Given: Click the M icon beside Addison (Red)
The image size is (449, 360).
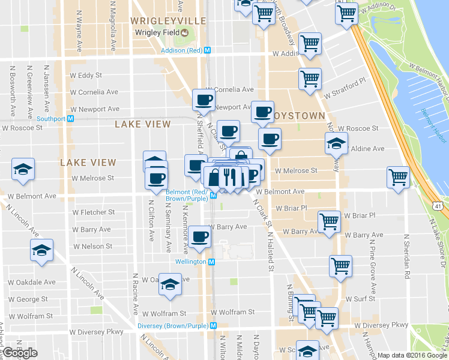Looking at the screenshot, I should pyautogui.click(x=207, y=50).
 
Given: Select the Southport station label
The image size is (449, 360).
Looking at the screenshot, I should pyautogui.click(x=51, y=118).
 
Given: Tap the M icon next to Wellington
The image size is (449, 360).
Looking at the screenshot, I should pyautogui.click(x=211, y=262).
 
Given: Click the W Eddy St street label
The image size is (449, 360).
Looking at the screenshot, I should pyautogui.click(x=86, y=76).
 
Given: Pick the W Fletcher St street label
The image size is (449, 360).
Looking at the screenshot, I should pyautogui.click(x=93, y=212).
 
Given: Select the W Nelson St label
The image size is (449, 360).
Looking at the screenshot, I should pyautogui.click(x=92, y=246).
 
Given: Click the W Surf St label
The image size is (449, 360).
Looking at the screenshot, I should pyautogui.click(x=360, y=298).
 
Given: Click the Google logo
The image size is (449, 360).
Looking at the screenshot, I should pyautogui.click(x=20, y=353).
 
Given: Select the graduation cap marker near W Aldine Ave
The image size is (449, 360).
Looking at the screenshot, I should pyautogui.click(x=336, y=142).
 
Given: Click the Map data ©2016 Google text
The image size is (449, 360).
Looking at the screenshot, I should pyautogui.click(x=411, y=355).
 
